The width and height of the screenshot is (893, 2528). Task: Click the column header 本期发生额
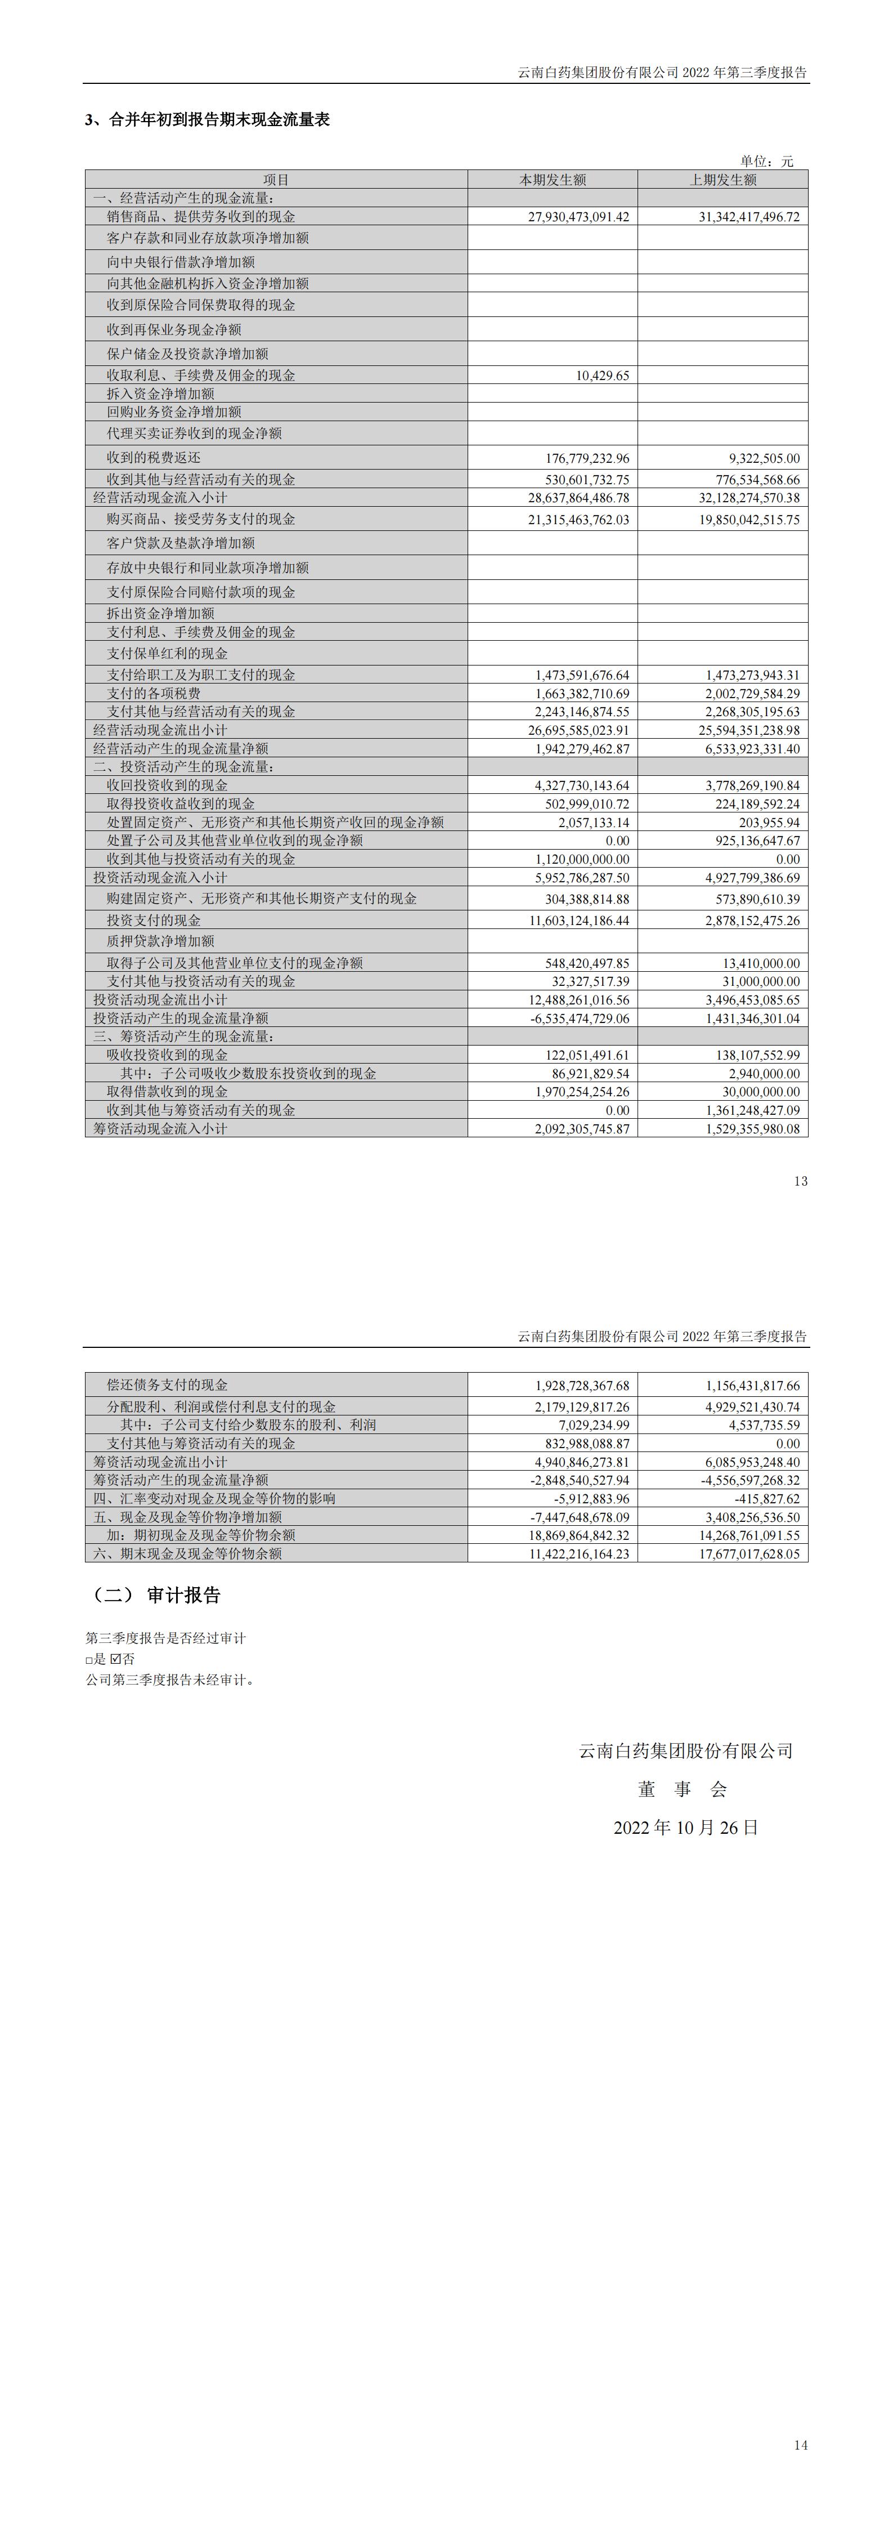tap(553, 180)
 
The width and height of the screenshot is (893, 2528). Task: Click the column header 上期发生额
tap(723, 180)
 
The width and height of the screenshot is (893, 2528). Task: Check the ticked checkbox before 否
tap(116, 1659)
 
